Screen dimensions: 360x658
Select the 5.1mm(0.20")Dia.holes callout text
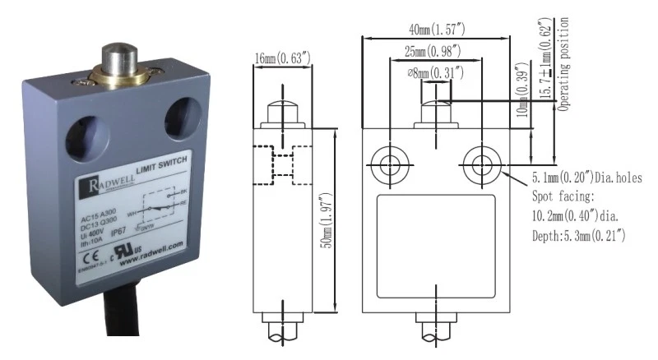[586, 177]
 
